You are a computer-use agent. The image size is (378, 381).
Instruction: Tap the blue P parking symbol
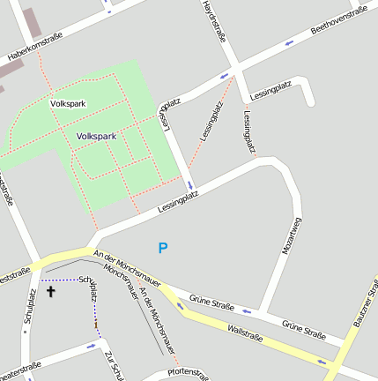coord(162,249)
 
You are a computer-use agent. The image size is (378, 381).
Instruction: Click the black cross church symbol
coord(50,290)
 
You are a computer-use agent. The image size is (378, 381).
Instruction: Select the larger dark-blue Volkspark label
coord(96,137)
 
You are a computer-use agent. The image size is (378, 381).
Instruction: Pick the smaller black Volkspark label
coord(69,104)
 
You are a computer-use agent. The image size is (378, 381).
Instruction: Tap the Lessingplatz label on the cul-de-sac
coord(271,89)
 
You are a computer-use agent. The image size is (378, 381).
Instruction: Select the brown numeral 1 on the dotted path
coord(96,325)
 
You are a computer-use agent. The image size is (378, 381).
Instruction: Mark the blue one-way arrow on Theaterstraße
coord(92,345)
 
